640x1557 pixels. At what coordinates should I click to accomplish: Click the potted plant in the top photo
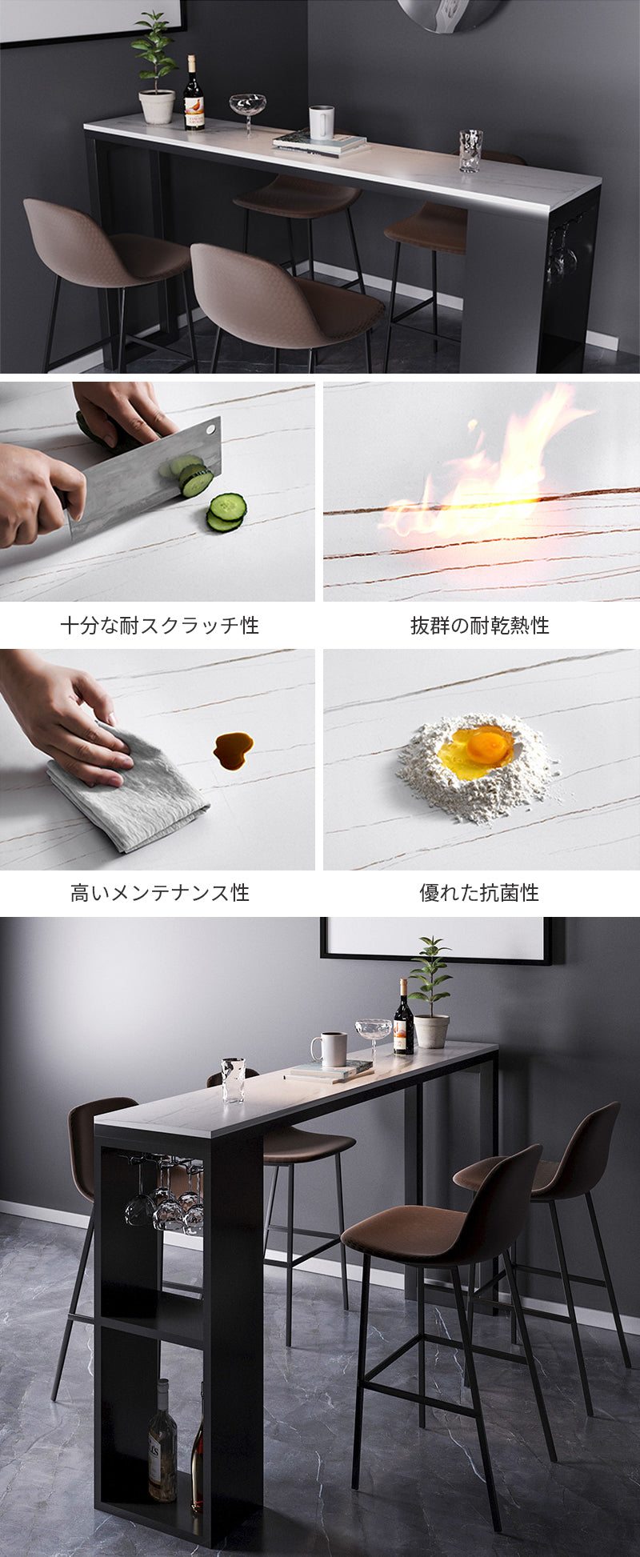pyautogui.click(x=156, y=72)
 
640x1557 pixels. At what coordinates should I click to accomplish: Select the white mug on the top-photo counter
pyautogui.click(x=322, y=122)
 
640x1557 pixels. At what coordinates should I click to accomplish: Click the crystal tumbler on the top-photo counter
pyautogui.click(x=470, y=150)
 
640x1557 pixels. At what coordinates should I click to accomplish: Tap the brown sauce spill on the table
pyautogui.click(x=233, y=750)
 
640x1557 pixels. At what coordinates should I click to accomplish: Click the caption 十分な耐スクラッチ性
pyautogui.click(x=160, y=625)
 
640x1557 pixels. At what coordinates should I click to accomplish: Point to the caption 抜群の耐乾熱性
pyautogui.click(x=480, y=625)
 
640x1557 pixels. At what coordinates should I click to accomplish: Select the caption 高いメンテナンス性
pyautogui.click(x=160, y=892)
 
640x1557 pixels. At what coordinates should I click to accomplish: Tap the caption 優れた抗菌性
pyautogui.click(x=480, y=892)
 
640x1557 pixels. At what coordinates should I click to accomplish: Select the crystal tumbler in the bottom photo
pyautogui.click(x=233, y=1080)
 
